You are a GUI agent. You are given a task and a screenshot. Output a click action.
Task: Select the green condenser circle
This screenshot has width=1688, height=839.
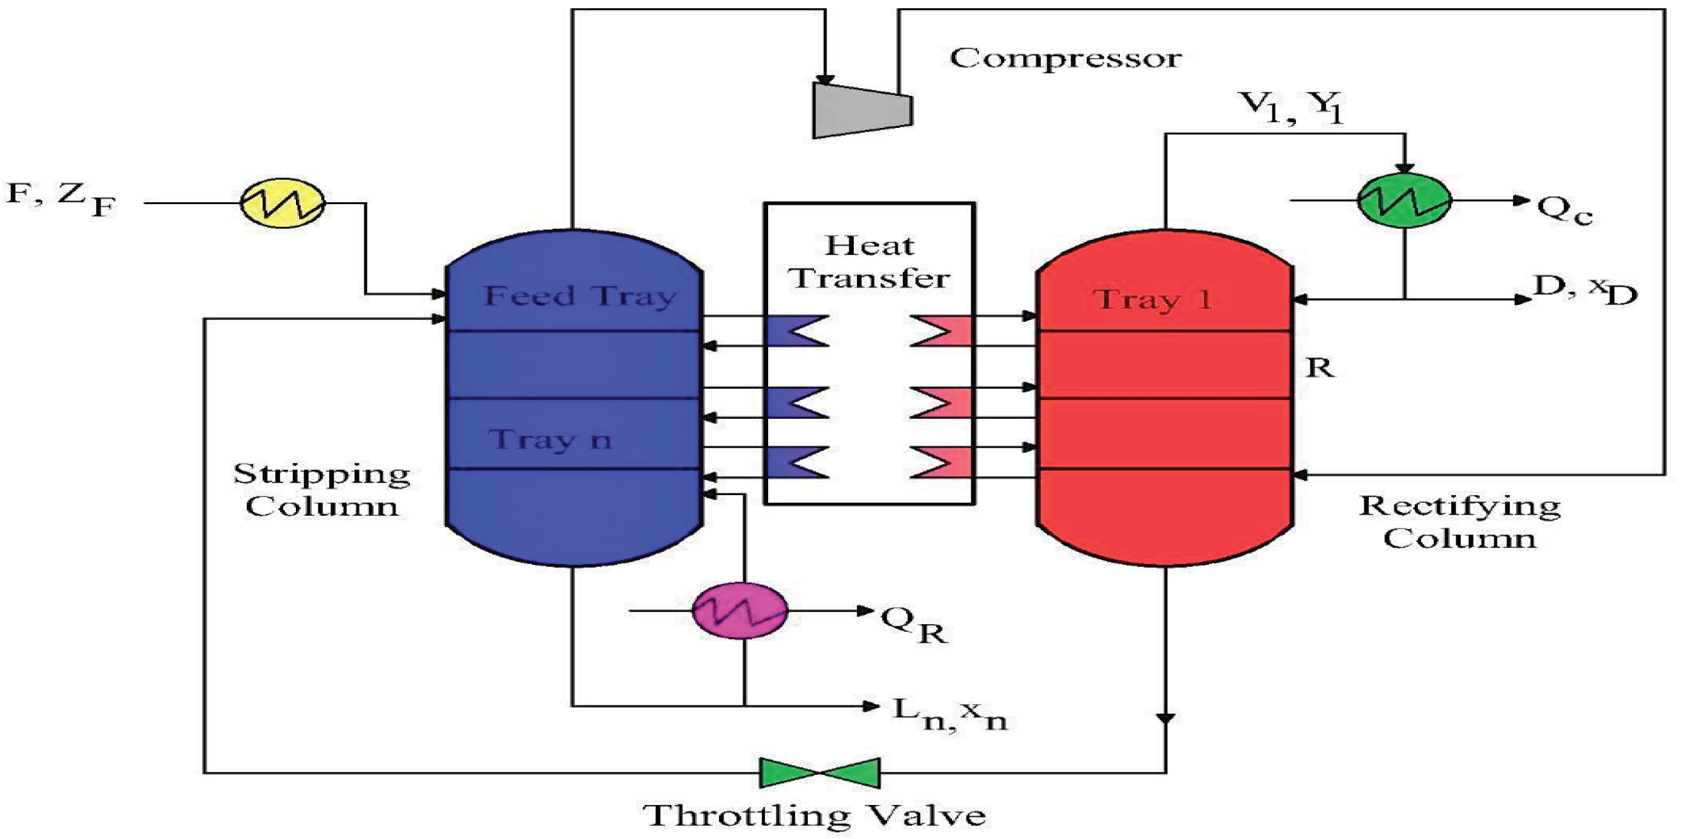point(1403,200)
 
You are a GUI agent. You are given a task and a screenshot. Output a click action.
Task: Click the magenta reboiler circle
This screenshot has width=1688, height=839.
point(740,610)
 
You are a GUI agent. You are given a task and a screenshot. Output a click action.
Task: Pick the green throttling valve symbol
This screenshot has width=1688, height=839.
point(819,773)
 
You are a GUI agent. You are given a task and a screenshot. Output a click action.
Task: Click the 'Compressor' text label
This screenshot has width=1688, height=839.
point(1065,59)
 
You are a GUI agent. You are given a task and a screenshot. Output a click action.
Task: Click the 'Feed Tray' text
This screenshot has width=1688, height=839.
point(579,296)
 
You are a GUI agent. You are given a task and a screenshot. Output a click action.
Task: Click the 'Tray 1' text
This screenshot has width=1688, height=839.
point(1153,299)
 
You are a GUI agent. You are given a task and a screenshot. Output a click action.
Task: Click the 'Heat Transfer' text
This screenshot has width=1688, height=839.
point(869,262)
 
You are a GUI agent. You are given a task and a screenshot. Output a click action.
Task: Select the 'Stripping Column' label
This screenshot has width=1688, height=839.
point(322,489)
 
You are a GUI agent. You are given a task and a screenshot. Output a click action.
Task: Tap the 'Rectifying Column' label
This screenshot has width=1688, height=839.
point(1460,522)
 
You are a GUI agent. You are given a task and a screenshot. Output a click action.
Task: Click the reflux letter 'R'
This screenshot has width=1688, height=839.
point(1320,368)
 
